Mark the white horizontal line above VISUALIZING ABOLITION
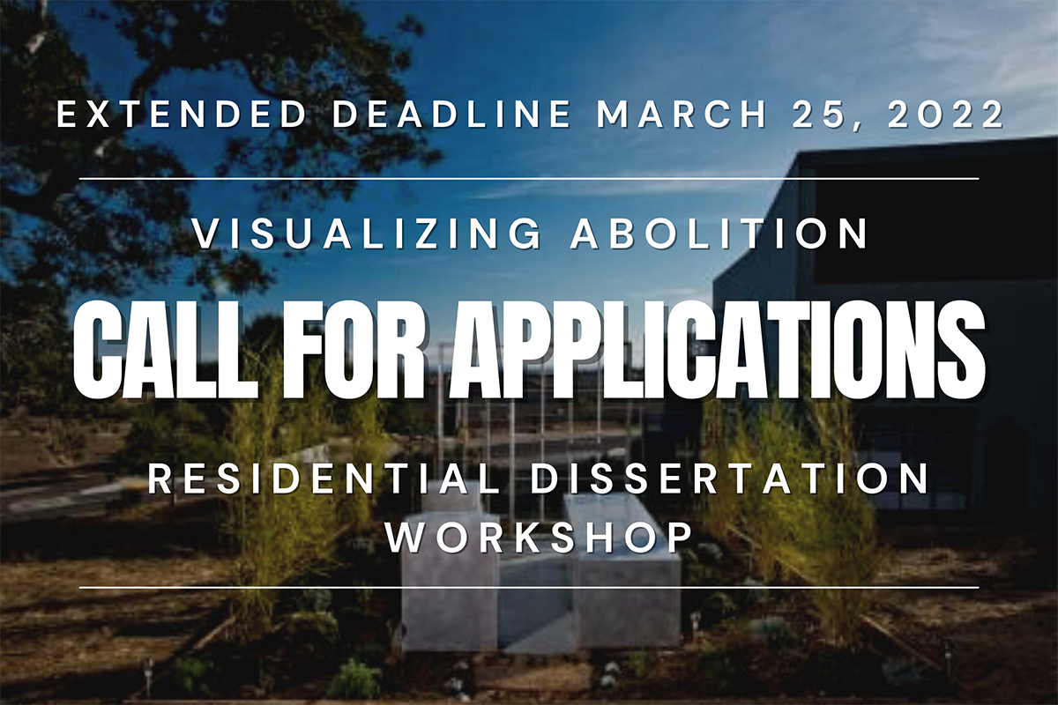click(529, 178)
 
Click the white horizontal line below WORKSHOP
click(529, 587)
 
